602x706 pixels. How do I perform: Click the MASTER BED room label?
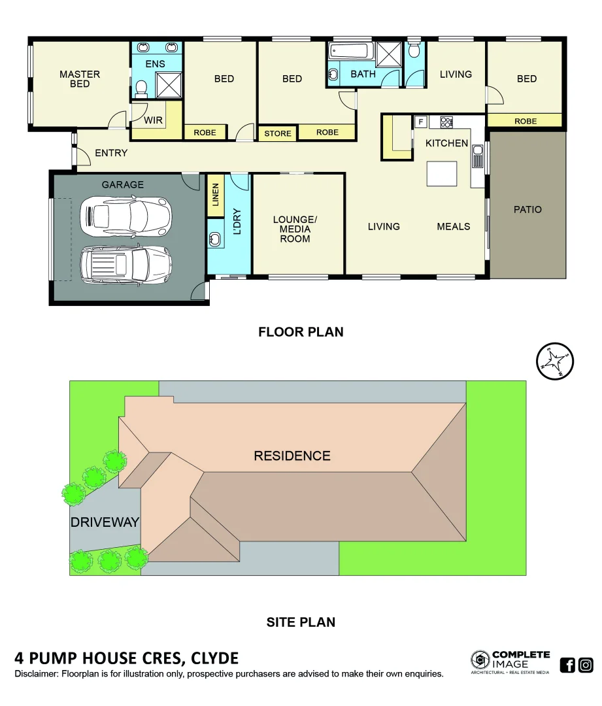[80, 79]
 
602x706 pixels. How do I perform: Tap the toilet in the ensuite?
[141, 88]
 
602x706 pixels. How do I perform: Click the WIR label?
[153, 121]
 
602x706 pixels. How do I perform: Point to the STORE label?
[278, 133]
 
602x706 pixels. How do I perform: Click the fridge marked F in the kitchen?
[420, 121]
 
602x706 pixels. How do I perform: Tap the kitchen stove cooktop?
[447, 121]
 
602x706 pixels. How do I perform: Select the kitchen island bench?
[441, 174]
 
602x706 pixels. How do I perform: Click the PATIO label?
[527, 210]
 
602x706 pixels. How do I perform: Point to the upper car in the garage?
[125, 216]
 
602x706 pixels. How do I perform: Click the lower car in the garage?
[125, 265]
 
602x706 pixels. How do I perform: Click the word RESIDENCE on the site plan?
[292, 456]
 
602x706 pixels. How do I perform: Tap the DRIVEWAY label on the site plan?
[105, 522]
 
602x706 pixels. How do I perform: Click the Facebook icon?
[567, 665]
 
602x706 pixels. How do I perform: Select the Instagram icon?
[586, 665]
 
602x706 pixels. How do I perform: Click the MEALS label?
[454, 226]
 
